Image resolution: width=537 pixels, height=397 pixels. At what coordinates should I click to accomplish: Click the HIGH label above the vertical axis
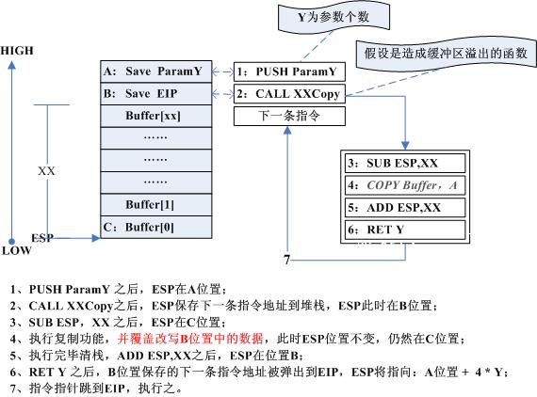[17, 51]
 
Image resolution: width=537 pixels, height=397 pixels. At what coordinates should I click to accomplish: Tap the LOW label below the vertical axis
[16, 250]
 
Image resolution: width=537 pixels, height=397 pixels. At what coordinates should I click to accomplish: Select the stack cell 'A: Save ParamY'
[156, 71]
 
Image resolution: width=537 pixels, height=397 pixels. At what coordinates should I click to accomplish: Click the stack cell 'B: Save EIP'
[156, 93]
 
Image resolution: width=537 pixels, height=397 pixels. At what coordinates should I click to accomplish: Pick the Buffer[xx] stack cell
[156, 116]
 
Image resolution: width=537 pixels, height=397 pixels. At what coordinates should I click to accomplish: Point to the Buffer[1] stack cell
[156, 205]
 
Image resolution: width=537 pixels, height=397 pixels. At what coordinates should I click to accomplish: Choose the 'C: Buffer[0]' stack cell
[156, 227]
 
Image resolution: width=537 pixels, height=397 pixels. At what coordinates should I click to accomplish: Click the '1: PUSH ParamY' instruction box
[289, 71]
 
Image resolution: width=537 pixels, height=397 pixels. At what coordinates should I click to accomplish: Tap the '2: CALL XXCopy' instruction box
[289, 94]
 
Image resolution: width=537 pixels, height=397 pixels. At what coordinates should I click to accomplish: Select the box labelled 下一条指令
[289, 116]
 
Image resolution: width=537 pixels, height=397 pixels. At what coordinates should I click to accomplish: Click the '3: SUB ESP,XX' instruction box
[405, 163]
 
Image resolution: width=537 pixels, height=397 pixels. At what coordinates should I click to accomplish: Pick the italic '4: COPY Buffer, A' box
[405, 185]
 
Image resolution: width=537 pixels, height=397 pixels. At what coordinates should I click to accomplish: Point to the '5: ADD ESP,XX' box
[405, 208]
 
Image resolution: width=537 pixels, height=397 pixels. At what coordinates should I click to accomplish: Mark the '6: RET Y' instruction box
[405, 230]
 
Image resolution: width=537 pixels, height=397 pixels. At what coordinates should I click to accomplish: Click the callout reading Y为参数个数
[334, 17]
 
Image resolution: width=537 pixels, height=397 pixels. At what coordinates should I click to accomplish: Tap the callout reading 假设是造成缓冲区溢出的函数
[446, 54]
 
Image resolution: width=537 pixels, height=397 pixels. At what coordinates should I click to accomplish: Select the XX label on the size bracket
[46, 171]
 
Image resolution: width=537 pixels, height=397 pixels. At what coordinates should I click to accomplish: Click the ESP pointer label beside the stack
[42, 238]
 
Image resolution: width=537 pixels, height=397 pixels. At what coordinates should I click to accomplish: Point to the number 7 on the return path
[286, 260]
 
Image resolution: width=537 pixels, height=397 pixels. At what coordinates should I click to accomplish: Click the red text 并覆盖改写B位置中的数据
[190, 339]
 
